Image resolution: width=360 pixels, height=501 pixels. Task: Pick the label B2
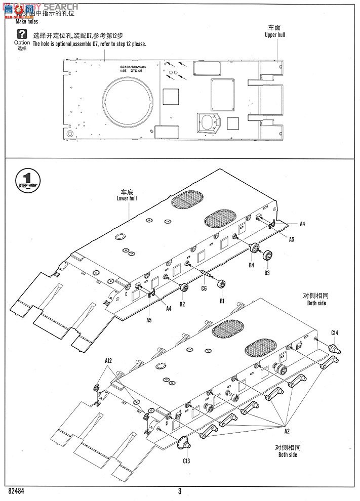tap(182, 304)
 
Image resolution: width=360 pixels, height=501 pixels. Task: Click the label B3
tap(267, 273)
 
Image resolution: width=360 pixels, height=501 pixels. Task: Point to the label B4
tap(251, 264)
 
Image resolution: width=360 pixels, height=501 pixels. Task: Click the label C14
tap(335, 332)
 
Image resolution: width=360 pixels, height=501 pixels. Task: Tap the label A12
tap(108, 360)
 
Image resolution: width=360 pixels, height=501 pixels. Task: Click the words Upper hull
tap(275, 35)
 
